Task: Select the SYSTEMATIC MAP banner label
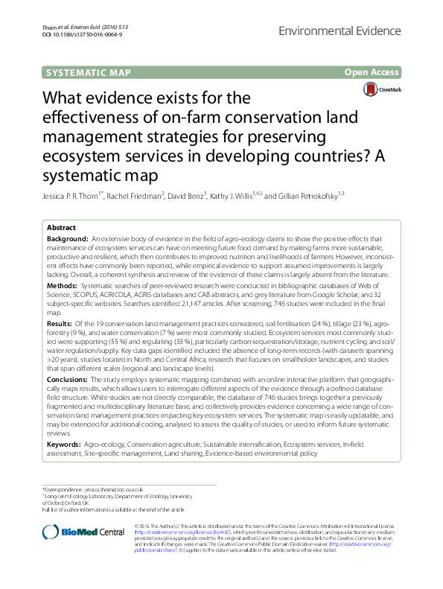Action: [89, 72]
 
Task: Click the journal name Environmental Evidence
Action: [356, 31]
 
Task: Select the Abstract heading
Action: [61, 227]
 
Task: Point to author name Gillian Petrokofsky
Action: [313, 196]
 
